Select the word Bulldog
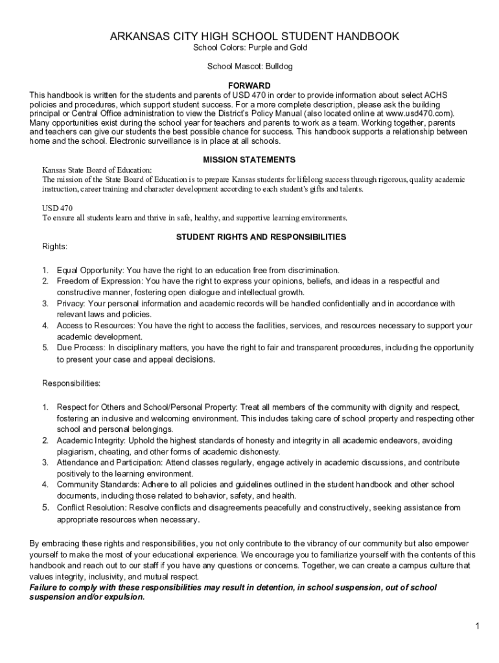(x=278, y=66)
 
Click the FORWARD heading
(x=250, y=85)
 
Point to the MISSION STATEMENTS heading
(x=250, y=159)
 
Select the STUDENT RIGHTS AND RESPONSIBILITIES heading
(x=261, y=237)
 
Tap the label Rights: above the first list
(x=55, y=247)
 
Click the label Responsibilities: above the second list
(x=71, y=383)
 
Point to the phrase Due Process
(x=80, y=348)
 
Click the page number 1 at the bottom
(x=477, y=626)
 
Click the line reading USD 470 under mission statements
(x=58, y=208)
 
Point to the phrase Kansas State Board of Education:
(x=97, y=170)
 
